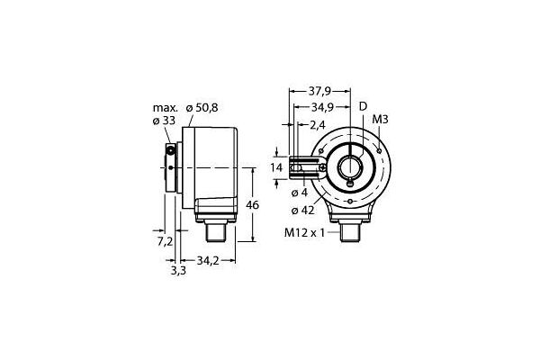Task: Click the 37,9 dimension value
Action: [319, 91]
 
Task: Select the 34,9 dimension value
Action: [322, 108]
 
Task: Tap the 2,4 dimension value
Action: [317, 125]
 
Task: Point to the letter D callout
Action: [364, 107]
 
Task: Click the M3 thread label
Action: [380, 120]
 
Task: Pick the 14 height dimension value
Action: [276, 167]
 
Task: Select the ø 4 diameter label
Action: [300, 193]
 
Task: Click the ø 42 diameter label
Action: [302, 210]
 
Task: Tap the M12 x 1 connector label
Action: [304, 233]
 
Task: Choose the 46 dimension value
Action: [252, 205]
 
